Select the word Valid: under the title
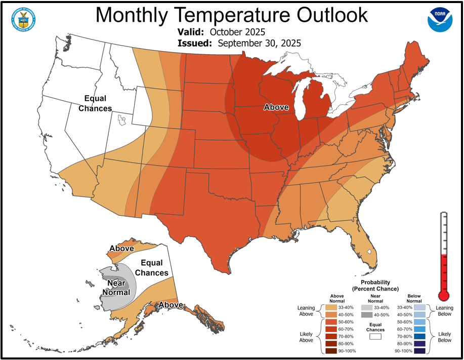point(190,32)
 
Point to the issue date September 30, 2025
point(259,43)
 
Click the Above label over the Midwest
point(276,107)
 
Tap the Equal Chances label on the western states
point(96,103)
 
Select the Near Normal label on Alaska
point(116,288)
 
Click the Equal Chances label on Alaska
point(152,268)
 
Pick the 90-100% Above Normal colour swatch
point(331,351)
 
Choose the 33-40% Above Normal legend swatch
point(331,307)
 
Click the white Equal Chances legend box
point(375,335)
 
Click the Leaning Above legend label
point(306,310)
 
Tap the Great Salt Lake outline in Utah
point(121,121)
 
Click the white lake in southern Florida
point(370,251)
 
